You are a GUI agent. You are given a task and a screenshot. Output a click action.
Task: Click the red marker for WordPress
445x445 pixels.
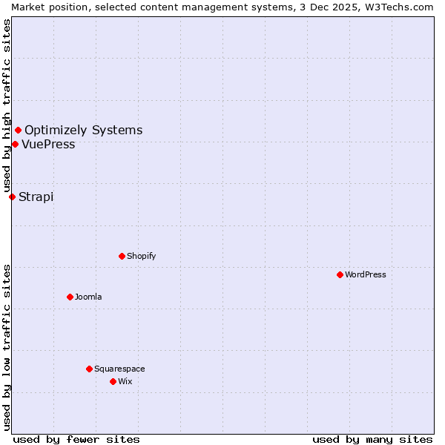click(340, 274)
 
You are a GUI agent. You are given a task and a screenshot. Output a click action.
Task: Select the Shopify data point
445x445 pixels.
click(122, 256)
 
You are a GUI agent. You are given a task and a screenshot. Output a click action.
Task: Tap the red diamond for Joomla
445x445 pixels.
click(70, 297)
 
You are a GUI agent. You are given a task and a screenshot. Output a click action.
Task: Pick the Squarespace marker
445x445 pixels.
click(89, 369)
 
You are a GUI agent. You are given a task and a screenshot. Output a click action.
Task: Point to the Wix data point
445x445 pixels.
click(113, 381)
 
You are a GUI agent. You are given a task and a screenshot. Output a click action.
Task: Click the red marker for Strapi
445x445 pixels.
click(12, 197)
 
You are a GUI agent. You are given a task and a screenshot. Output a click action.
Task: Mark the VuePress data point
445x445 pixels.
click(15, 144)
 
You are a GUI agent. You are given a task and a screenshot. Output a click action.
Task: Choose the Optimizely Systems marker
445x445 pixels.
click(18, 131)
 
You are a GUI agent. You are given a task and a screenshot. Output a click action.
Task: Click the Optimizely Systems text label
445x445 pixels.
click(83, 131)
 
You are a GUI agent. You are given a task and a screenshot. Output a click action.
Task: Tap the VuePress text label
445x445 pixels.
click(48, 145)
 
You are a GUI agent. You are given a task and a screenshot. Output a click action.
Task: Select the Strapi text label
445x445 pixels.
click(36, 197)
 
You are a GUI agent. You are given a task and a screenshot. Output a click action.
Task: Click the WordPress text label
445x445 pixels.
click(366, 274)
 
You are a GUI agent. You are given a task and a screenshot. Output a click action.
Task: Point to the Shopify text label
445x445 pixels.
click(141, 256)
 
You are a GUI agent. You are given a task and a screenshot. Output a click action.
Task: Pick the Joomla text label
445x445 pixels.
click(88, 297)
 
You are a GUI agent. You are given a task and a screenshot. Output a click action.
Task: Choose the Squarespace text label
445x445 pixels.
click(119, 369)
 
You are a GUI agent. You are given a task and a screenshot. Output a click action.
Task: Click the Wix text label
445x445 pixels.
click(125, 381)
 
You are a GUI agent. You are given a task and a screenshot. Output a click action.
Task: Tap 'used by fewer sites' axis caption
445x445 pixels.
click(76, 439)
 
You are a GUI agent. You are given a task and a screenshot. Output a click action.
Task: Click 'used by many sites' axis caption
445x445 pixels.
click(372, 439)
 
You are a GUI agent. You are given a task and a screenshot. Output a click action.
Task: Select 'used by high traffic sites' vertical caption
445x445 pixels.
click(7, 106)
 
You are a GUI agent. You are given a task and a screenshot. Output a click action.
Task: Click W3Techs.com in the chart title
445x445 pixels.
click(398, 7)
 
